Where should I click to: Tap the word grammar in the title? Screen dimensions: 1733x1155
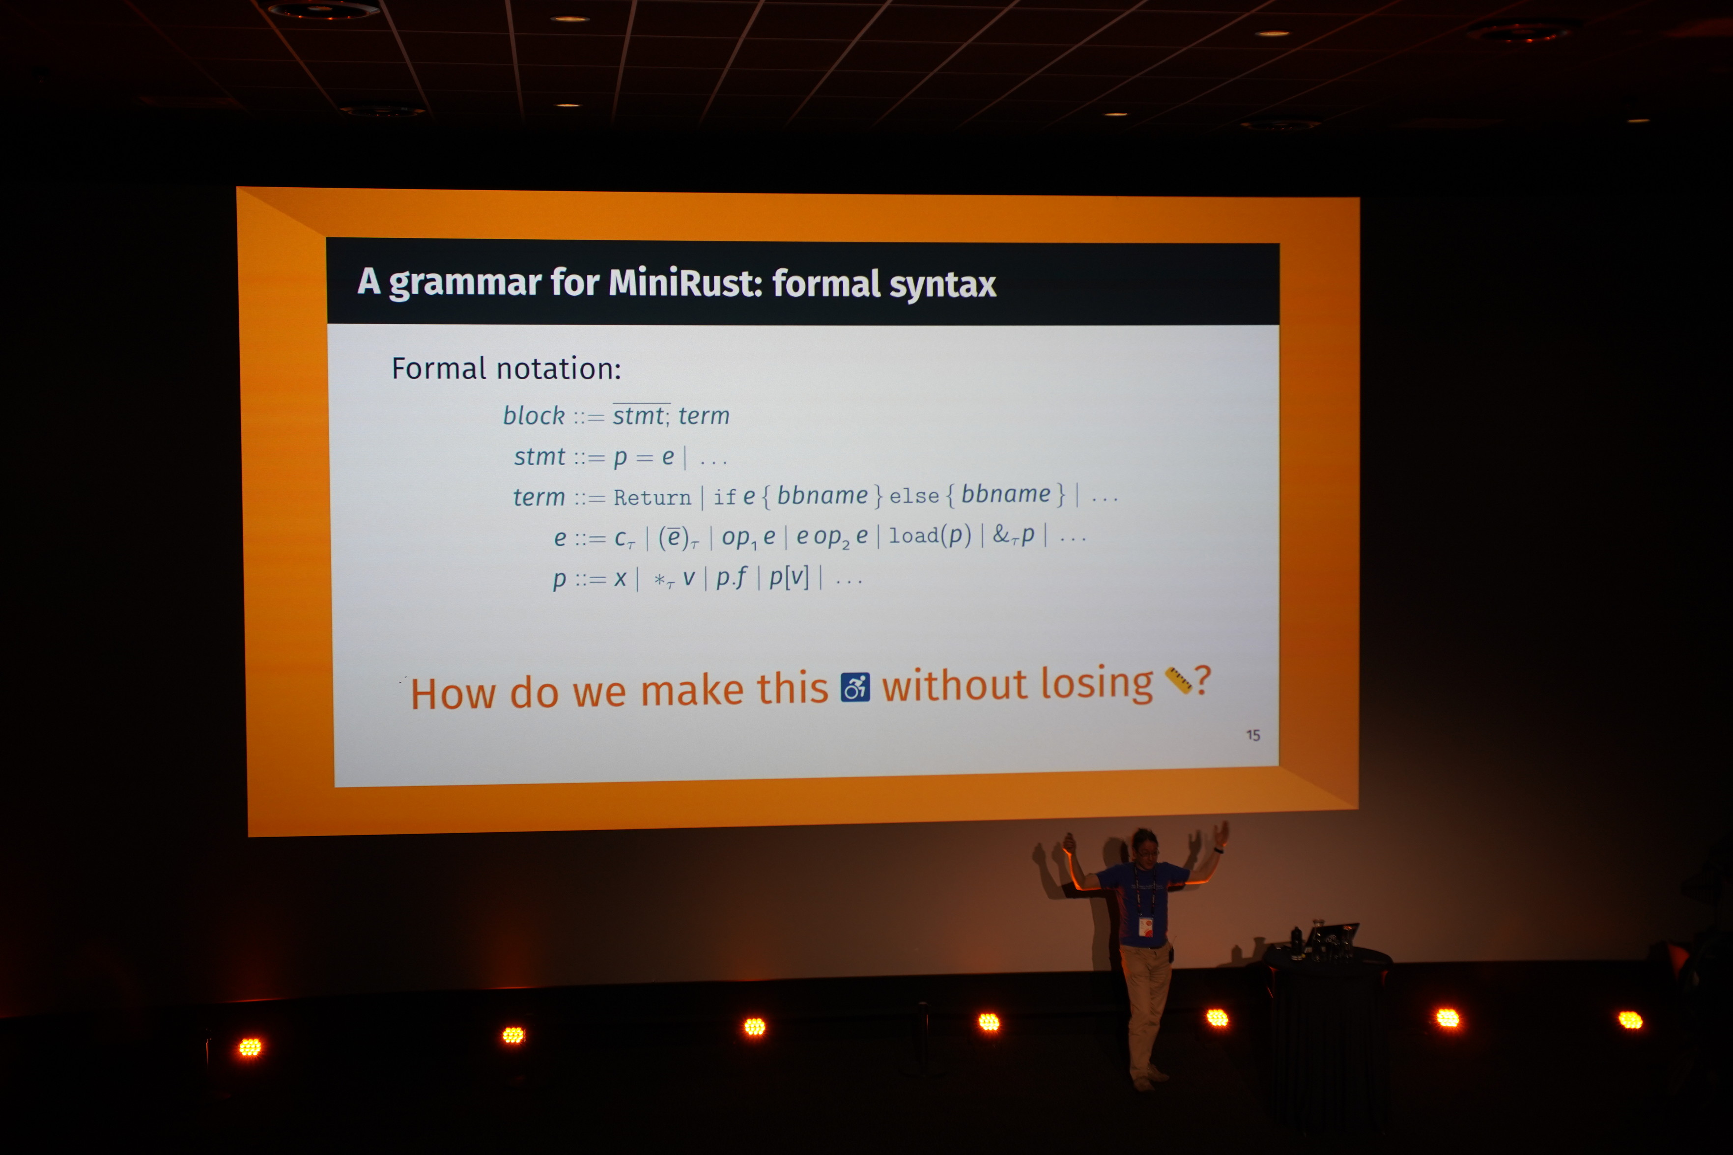pos(465,283)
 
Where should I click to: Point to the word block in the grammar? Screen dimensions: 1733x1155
pos(534,416)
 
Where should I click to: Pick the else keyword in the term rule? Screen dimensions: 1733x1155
pos(914,496)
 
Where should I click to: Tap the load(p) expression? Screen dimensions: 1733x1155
pos(930,535)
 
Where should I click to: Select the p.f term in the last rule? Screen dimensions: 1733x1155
pos(731,578)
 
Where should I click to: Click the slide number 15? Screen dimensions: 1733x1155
pos(1253,735)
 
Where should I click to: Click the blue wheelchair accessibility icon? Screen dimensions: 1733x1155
pos(855,687)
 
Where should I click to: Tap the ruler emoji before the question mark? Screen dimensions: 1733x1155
pos(1178,680)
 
